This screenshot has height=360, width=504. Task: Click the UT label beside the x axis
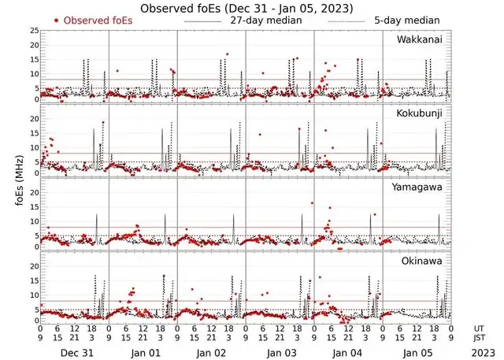point(480,328)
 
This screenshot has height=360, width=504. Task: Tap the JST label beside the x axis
point(480,339)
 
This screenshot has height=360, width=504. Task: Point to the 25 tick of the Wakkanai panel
point(33,31)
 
